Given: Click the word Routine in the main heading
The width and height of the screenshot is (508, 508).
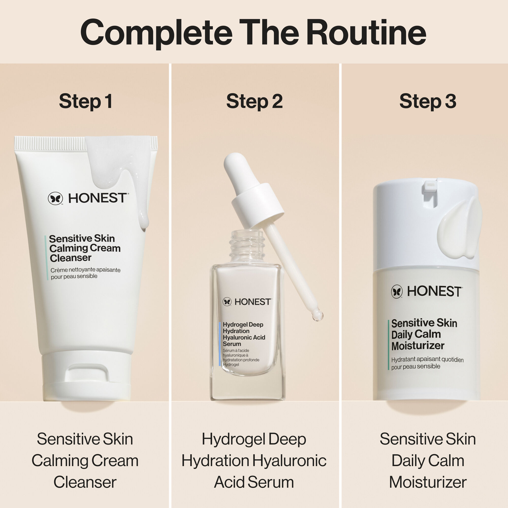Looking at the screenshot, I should (x=366, y=33).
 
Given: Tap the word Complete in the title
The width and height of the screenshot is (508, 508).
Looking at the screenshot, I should (x=156, y=33).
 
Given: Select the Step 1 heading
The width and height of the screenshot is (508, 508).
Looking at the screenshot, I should (x=86, y=101).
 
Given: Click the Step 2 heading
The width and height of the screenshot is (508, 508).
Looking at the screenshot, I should (x=254, y=101).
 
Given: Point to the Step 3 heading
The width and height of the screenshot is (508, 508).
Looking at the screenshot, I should (x=427, y=101).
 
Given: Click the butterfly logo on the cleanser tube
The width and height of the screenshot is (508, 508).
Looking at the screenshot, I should (x=55, y=198).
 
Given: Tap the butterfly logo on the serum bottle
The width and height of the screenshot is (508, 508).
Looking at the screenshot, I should (x=227, y=301).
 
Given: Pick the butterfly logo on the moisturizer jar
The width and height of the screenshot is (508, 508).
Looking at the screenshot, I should (x=397, y=291).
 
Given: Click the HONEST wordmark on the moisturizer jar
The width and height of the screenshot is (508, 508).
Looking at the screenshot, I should (x=434, y=291).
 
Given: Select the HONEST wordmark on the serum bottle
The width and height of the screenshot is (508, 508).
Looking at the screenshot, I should (x=252, y=302).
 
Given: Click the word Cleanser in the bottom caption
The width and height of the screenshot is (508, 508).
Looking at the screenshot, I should (x=85, y=482).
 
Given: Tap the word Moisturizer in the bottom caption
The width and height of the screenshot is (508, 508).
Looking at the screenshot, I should (x=427, y=482).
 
